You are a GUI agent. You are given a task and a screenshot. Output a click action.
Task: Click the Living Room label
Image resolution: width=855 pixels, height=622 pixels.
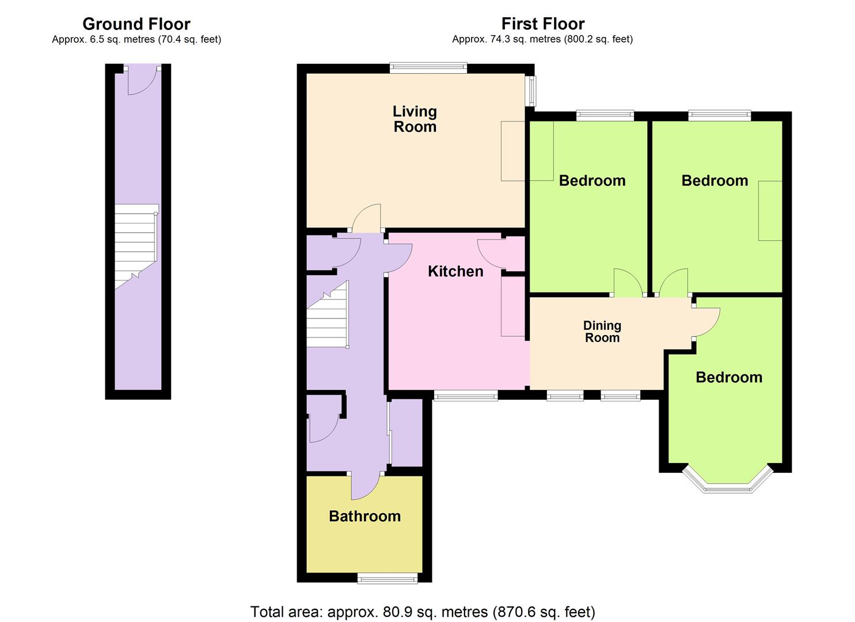point(415,119)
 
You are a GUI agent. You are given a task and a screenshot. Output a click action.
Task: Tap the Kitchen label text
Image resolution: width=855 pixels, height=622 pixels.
point(455,271)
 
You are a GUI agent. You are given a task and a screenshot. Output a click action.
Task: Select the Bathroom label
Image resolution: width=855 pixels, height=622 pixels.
point(364,516)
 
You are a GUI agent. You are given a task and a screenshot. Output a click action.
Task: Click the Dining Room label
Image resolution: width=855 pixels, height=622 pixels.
point(602,332)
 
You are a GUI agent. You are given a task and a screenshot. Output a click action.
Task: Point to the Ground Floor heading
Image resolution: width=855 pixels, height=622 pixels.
point(136,24)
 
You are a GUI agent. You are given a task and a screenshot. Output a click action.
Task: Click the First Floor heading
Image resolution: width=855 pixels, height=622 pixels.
point(542,24)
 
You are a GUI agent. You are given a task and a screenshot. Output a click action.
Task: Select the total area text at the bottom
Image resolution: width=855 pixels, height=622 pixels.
point(423,611)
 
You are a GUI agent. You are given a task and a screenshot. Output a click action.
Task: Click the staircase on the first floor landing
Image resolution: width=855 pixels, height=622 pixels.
point(326,316)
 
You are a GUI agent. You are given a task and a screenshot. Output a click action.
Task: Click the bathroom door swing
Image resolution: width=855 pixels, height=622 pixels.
point(366,487)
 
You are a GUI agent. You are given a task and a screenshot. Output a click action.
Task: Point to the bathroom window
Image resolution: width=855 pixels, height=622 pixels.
point(387,578)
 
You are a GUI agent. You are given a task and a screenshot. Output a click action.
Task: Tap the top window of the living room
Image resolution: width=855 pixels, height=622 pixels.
point(428,68)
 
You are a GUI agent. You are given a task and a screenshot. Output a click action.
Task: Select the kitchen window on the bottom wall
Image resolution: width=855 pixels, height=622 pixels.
point(465,396)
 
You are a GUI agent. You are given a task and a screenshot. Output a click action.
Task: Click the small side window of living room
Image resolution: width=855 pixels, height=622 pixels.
point(531,91)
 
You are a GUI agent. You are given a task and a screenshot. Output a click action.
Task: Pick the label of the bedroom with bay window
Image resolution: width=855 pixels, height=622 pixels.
point(728,377)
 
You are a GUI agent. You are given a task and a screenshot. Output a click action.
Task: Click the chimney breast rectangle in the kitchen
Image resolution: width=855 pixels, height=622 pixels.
point(512,306)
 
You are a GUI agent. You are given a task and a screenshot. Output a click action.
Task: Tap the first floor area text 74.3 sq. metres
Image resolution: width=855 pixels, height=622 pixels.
point(542,39)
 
